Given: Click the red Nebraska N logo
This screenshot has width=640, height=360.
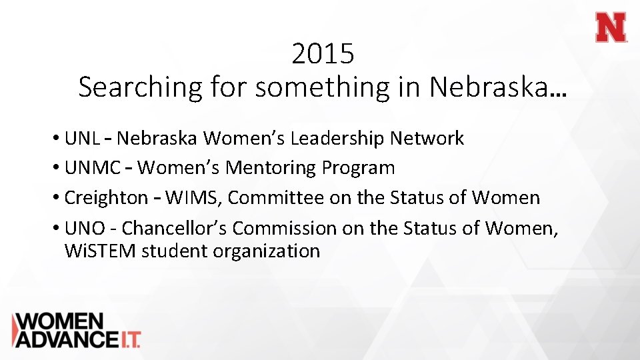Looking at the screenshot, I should coord(611,28).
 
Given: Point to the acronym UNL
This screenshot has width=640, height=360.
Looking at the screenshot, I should coord(83,139).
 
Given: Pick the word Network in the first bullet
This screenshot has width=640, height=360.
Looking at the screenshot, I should coord(427,139).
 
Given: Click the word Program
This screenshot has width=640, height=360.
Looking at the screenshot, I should coord(359,168).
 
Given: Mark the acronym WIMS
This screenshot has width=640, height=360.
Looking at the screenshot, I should coord(193,198).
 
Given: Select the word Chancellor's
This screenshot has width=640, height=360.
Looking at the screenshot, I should coord(175,228).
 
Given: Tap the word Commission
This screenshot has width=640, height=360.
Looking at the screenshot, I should coord(285,228).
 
